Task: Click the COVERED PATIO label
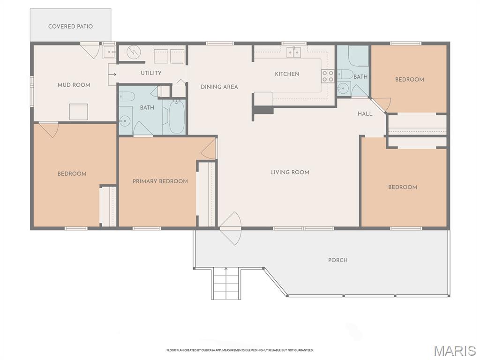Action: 70,26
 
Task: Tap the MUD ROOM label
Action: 74,85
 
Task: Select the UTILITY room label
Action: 151,73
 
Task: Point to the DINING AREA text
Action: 219,87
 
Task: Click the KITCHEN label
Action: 287,74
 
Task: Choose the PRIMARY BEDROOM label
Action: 160,181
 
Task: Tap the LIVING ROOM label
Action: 290,172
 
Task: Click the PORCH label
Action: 337,260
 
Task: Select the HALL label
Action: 365,113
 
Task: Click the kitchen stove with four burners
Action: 327,76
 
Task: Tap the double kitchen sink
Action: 293,52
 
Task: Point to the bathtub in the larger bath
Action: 177,117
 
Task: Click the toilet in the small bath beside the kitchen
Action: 345,75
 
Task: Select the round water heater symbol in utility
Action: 134,52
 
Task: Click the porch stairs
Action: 226,283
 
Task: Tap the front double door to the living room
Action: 231,228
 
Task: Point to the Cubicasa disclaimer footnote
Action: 240,350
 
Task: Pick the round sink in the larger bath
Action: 125,121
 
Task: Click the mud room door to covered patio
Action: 90,50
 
